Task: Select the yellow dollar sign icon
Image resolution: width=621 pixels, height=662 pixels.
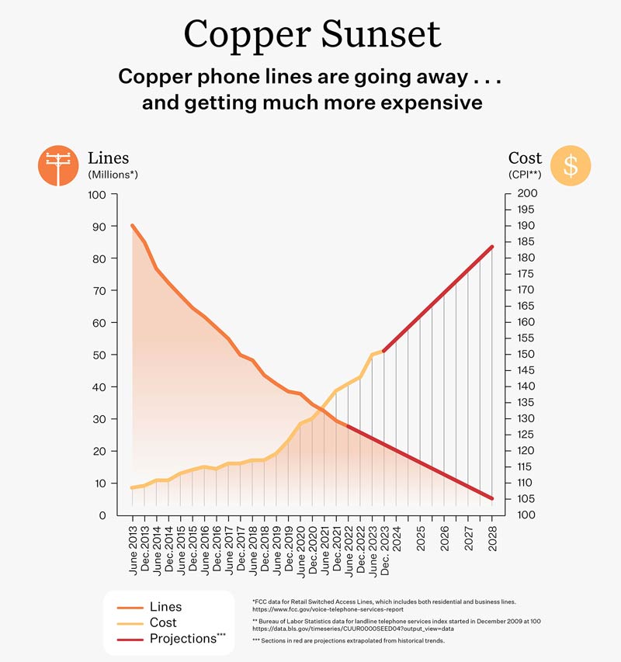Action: click(571, 165)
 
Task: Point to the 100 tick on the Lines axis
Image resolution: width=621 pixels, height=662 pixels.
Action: click(96, 194)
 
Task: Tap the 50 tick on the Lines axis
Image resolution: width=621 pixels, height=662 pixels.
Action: click(99, 355)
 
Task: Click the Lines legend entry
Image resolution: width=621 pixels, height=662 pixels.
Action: click(165, 607)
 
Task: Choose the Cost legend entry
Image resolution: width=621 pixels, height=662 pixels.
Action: click(163, 622)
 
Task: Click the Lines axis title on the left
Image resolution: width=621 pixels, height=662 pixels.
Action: click(109, 158)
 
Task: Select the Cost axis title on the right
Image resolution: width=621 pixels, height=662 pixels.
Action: click(525, 158)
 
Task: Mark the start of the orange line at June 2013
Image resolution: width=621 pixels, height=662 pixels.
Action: click(132, 225)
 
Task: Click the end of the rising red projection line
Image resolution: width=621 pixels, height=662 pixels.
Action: click(492, 247)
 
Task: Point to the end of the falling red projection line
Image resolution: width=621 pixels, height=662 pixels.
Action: click(492, 498)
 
